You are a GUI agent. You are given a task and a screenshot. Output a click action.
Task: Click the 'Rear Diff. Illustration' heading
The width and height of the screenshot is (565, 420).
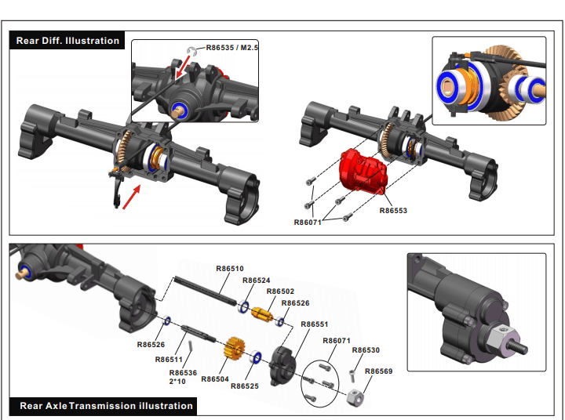click(x=68, y=41)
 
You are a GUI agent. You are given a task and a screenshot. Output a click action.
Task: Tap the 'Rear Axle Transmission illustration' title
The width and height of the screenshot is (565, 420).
click(x=106, y=405)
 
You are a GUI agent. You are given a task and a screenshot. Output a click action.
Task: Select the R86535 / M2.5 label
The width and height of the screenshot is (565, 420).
click(x=232, y=48)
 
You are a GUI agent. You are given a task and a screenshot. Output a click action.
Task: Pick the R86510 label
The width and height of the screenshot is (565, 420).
click(x=230, y=268)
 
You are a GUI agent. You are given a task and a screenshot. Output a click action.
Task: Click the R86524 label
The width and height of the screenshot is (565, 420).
click(x=257, y=280)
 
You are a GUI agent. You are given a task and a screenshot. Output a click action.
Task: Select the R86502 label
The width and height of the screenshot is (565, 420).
click(x=280, y=291)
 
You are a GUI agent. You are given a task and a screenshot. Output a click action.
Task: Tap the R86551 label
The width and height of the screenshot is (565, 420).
click(x=315, y=324)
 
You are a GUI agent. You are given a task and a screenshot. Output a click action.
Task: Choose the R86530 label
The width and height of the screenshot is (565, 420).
click(x=366, y=350)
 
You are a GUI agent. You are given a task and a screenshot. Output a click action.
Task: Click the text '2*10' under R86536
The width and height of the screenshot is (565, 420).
click(x=178, y=382)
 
